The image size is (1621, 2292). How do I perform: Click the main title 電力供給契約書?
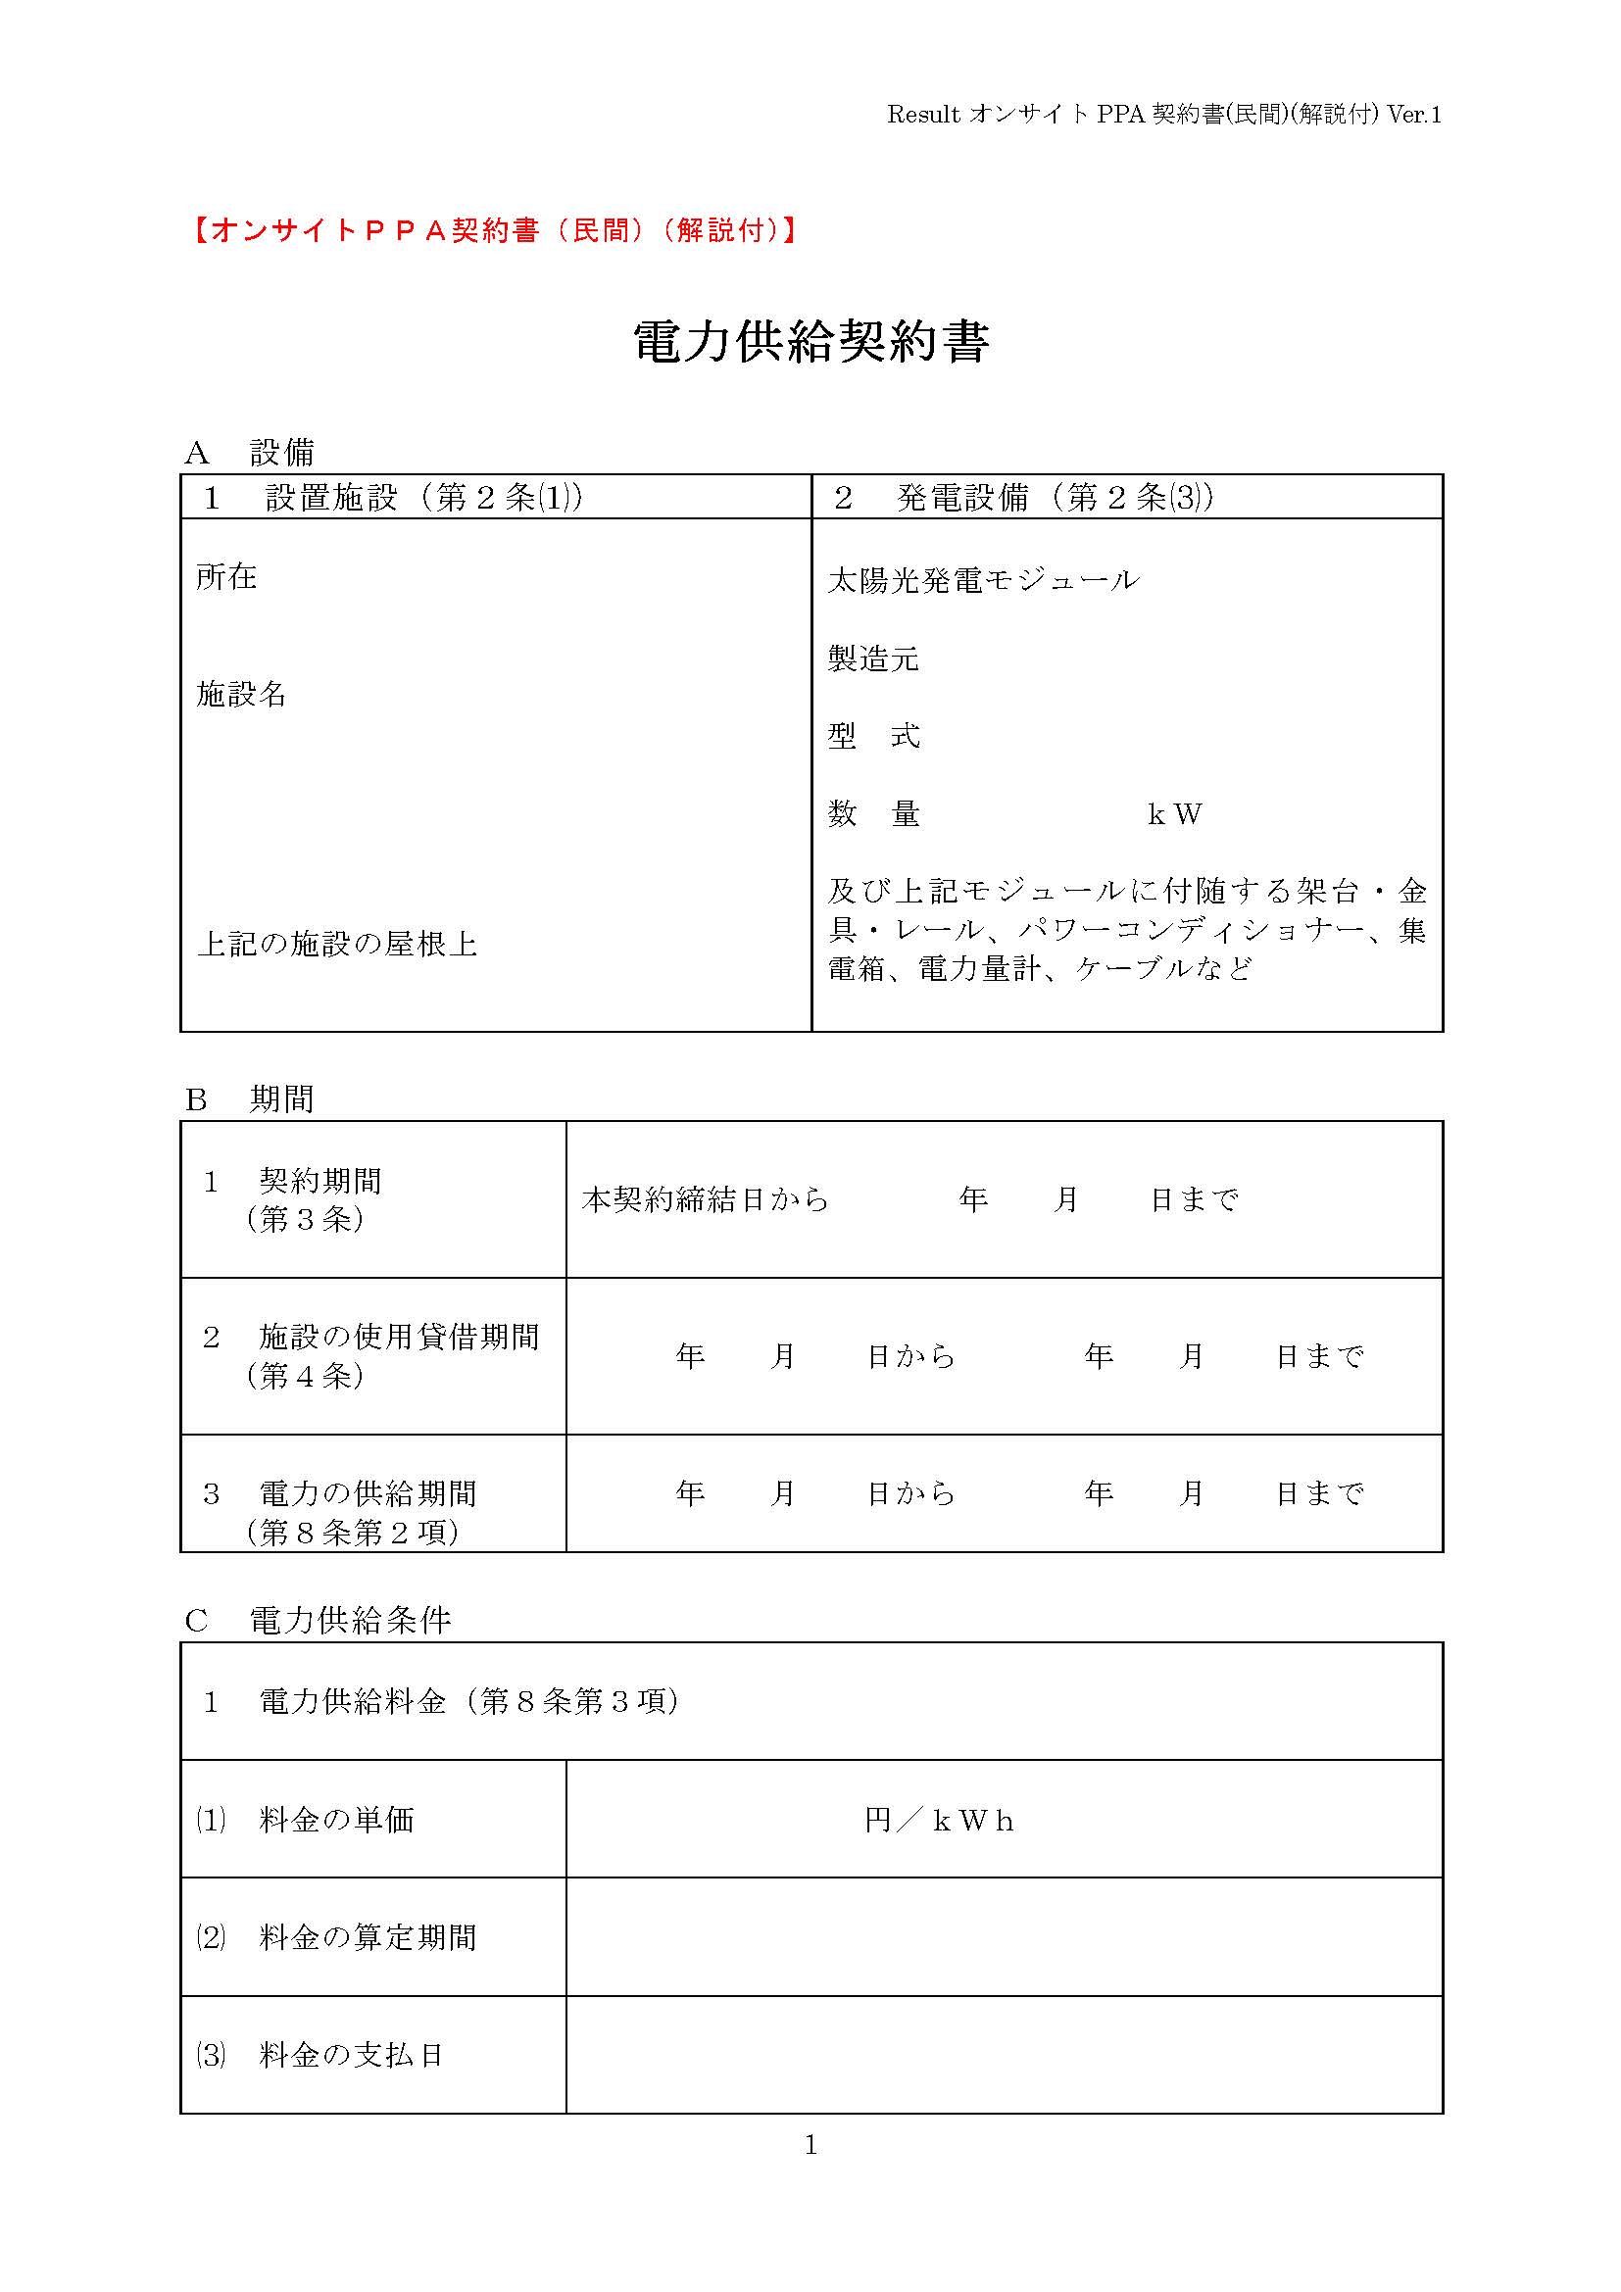[810, 342]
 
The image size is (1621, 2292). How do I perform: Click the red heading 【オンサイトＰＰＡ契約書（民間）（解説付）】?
[493, 230]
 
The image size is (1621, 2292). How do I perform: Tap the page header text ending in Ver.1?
[1164, 115]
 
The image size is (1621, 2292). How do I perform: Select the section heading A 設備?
[250, 454]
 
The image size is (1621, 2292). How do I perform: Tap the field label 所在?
[226, 576]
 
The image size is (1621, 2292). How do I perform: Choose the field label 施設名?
[241, 693]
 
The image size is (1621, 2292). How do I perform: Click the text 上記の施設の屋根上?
[337, 944]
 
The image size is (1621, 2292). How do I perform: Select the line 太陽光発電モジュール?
[982, 580]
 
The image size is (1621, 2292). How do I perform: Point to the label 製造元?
[872, 658]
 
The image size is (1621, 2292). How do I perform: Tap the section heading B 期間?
[250, 1099]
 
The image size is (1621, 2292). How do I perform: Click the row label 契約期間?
[319, 1181]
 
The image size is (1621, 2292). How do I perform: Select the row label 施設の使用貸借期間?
[398, 1337]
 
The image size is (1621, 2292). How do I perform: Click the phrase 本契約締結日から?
[705, 1198]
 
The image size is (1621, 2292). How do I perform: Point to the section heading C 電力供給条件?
[318, 1620]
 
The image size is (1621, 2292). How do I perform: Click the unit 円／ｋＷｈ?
[938, 1821]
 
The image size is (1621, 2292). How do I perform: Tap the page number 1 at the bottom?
[810, 2144]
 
